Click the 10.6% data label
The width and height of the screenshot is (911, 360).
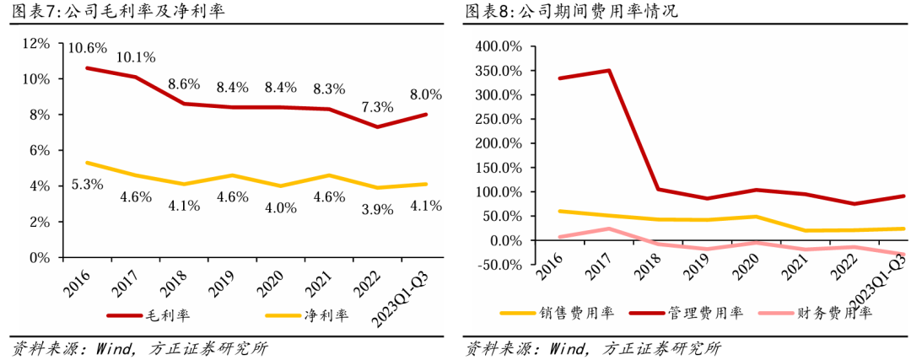pos(88,47)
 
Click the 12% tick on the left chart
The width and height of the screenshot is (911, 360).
pos(36,43)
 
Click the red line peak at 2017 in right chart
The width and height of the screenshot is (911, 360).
pos(609,71)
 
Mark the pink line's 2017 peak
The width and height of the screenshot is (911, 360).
pos(609,228)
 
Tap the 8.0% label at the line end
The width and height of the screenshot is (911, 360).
pos(425,94)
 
